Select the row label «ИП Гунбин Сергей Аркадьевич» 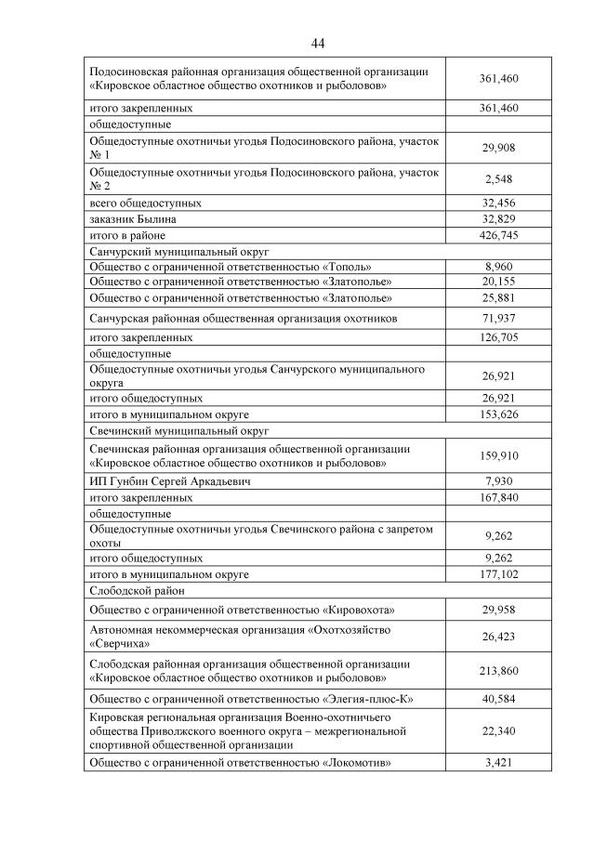click(x=170, y=481)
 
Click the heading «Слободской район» click(x=137, y=590)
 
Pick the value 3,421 click(x=498, y=763)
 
